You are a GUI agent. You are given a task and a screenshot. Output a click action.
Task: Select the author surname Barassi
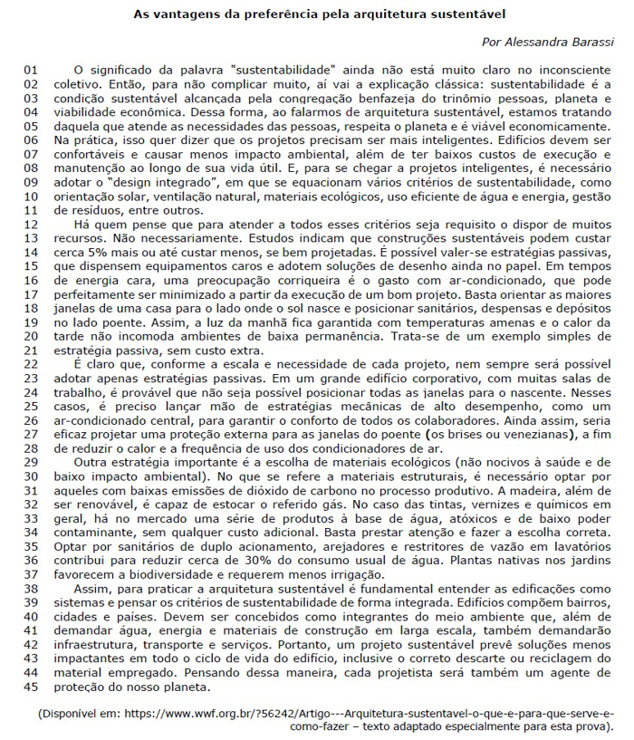coord(591,43)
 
